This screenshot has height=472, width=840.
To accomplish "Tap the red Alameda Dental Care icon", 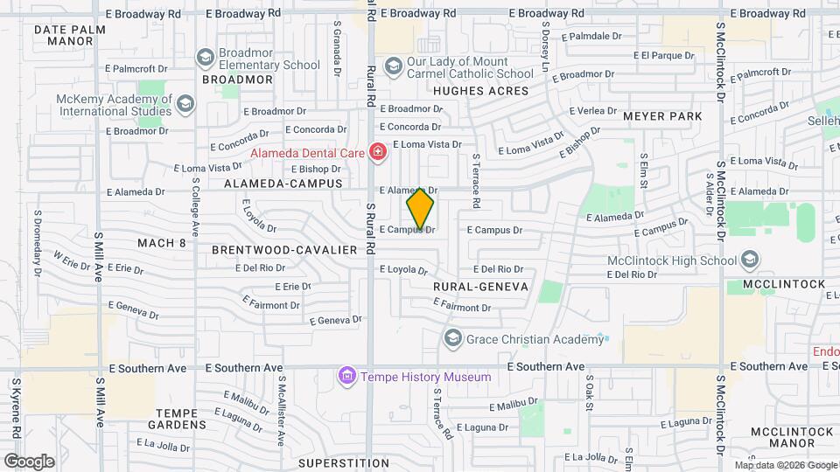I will click(x=378, y=153).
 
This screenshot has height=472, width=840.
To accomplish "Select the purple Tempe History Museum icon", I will click(x=347, y=377).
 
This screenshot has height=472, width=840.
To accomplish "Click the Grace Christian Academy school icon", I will click(x=452, y=337).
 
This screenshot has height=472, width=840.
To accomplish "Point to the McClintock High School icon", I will click(x=749, y=260).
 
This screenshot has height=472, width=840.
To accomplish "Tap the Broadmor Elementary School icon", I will click(x=205, y=58).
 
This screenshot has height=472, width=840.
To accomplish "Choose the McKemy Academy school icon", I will click(x=185, y=105).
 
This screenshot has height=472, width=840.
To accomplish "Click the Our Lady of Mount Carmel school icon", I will click(x=394, y=66).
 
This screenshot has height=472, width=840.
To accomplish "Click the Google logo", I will click(x=29, y=461).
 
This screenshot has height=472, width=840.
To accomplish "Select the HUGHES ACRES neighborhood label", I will click(x=481, y=91).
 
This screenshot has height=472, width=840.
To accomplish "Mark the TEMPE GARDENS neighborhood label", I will click(x=181, y=419).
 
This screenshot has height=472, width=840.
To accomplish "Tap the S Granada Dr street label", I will click(x=337, y=49).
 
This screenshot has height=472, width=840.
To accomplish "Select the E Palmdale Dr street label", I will click(x=591, y=37).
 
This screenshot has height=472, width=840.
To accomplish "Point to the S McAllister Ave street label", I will click(x=282, y=399).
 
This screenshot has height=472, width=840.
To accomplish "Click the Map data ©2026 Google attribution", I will click(x=785, y=465).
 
